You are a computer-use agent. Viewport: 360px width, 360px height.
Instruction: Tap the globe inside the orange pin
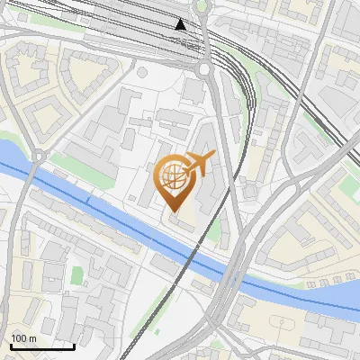coord(174,177)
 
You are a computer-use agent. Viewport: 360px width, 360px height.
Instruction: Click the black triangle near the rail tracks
coord(181,24)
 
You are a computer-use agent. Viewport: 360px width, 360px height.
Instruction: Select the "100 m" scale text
coord(24,338)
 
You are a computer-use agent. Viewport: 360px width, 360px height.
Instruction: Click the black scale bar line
coord(42,346)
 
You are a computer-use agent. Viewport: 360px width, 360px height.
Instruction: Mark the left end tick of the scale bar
coord(11,344)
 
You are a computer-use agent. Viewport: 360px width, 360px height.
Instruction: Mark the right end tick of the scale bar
coord(74,344)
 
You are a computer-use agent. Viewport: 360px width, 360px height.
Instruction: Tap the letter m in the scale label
coord(33,338)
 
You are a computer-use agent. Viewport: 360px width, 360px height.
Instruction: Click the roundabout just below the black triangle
coord(205,68)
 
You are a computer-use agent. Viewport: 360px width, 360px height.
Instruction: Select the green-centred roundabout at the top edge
coord(202,4)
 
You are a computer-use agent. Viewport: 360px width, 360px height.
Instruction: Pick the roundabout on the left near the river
coord(38,157)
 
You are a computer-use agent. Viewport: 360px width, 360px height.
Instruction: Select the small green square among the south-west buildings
coord(77,272)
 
